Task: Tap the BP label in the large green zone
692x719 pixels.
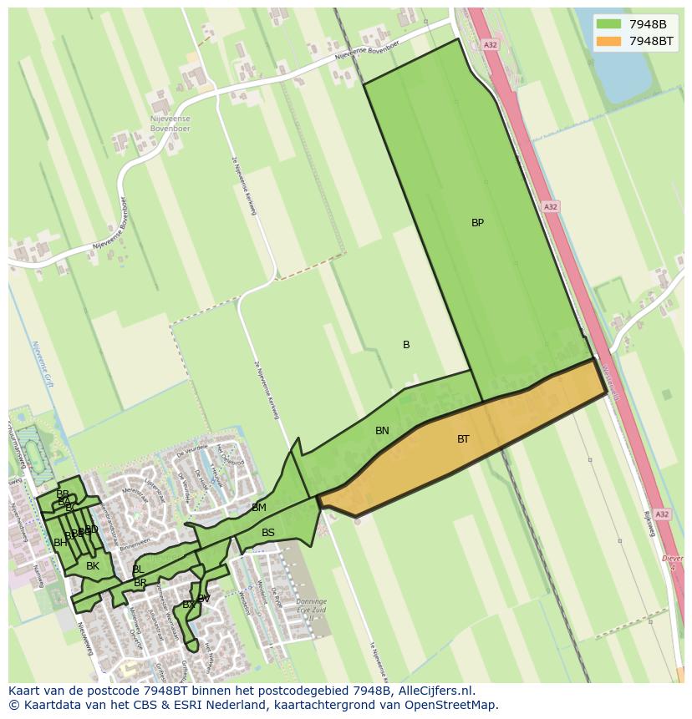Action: (477, 223)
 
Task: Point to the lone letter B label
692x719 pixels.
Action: (406, 345)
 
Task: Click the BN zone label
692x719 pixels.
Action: (382, 431)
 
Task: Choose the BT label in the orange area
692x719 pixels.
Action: (463, 438)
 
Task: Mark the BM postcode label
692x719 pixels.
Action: (259, 508)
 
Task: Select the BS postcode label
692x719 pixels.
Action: (268, 533)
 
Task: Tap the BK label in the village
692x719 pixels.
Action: (93, 566)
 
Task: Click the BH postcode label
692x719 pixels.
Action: (60, 543)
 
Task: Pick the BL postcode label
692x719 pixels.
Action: (137, 570)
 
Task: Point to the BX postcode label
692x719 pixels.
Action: (188, 605)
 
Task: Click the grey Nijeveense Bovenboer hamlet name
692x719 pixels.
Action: (170, 124)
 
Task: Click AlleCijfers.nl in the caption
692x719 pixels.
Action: (434, 691)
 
